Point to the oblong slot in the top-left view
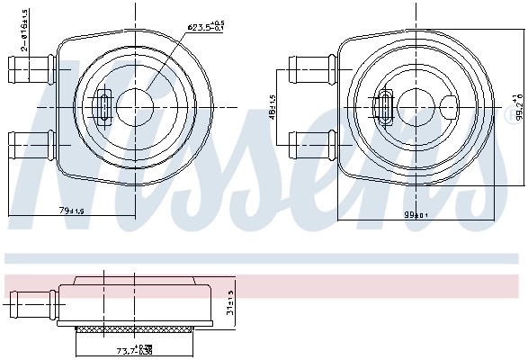(103, 106)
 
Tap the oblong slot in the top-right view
(388, 105)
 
